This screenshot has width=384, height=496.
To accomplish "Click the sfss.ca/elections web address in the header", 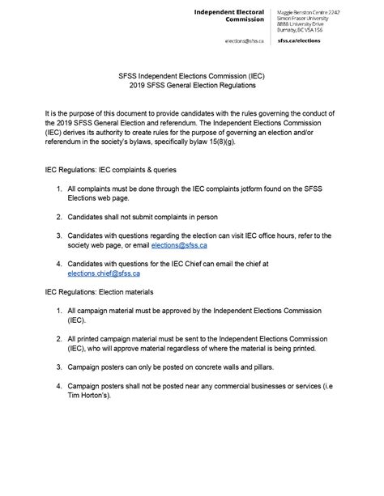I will [299, 40].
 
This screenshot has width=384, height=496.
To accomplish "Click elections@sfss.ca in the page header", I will [246, 40].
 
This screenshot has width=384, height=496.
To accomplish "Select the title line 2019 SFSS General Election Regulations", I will [191, 85].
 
